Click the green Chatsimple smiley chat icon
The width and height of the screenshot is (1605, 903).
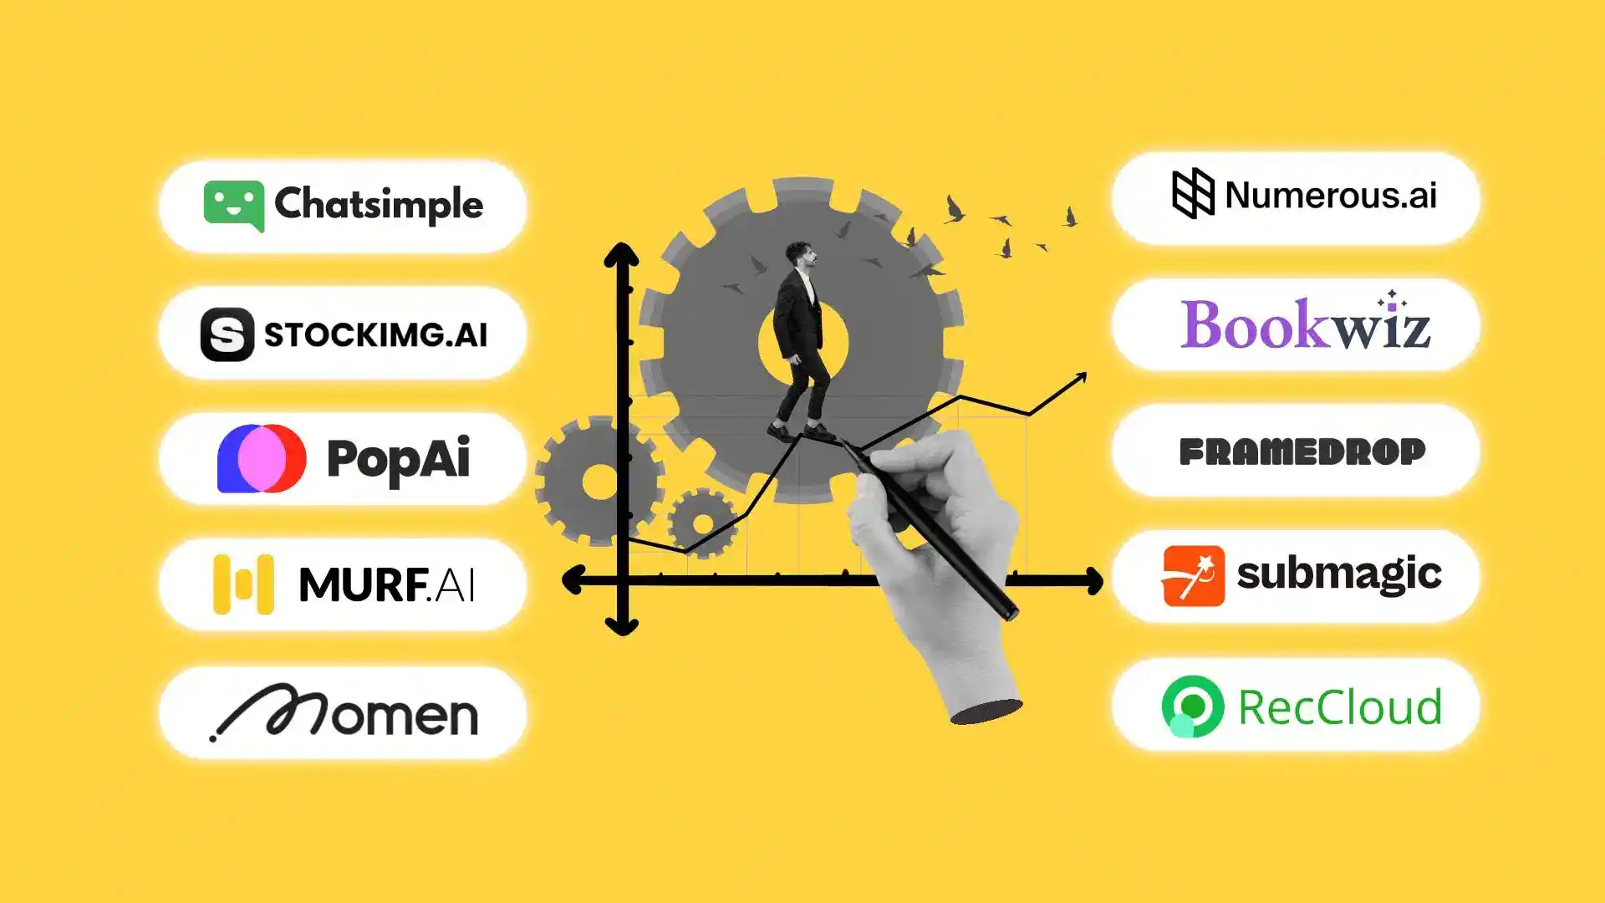pos(233,206)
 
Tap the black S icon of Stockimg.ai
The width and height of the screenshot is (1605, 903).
pos(227,334)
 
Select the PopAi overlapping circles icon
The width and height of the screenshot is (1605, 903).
pos(262,458)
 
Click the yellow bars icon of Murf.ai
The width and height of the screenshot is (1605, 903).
pos(243,584)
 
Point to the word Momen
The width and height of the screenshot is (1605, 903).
pos(344,712)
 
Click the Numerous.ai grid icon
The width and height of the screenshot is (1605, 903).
pos(1193,193)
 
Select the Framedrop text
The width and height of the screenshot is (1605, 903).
pos(1302,451)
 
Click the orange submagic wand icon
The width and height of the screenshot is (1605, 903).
pos(1193,576)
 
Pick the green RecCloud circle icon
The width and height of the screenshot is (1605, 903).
pos(1192,707)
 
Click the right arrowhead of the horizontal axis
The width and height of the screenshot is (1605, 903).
pos(1093,580)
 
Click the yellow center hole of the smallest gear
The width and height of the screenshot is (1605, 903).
pos(703,524)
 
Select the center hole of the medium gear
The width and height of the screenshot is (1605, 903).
pos(600,481)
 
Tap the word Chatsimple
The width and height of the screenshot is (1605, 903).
pos(379,204)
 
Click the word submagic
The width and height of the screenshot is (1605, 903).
pos(1339,574)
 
